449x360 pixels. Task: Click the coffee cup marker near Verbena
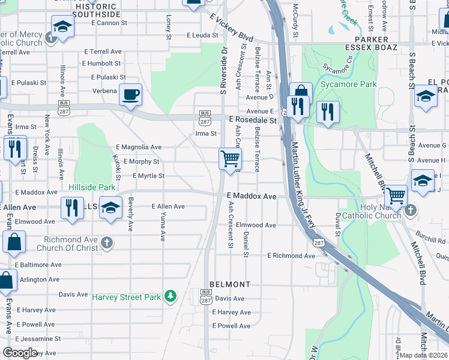pos(130,95)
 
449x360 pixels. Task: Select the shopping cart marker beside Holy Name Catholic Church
pos(396,195)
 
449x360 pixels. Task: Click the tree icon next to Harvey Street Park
pos(171,296)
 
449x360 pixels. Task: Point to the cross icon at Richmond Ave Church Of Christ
pos(106,242)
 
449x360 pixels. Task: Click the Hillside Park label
pos(91,187)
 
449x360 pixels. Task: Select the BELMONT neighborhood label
pos(229,284)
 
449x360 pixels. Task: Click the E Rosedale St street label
pos(253,121)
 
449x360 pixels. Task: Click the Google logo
pos(20,353)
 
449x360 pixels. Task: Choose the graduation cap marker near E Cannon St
pos(62,28)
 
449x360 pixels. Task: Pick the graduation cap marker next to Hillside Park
pos(110,208)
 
